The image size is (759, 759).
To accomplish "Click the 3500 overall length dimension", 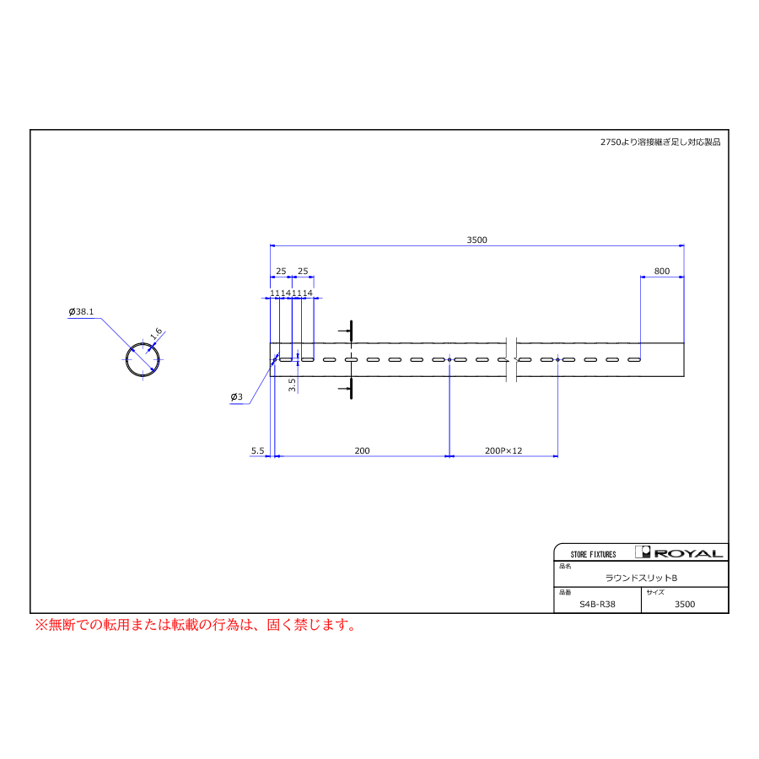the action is (476, 240).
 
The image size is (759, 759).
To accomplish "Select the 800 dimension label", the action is (662, 271).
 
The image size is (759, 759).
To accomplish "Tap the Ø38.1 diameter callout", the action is (81, 312).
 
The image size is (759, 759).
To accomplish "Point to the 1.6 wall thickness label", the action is (156, 333).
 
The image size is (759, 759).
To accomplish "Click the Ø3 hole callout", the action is (237, 397).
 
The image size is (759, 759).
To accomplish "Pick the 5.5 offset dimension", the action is (257, 450).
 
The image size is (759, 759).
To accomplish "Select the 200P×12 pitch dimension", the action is (503, 450).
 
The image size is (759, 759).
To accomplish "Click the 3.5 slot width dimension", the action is (292, 385).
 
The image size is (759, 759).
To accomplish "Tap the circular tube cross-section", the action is (143, 359).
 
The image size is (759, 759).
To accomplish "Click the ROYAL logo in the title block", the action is (679, 552).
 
